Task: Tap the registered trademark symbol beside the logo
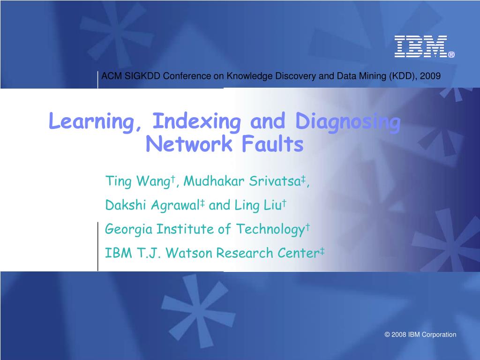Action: tap(451, 55)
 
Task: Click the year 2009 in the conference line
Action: tap(430, 76)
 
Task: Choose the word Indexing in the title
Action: tap(196, 122)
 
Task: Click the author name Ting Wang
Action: tap(138, 181)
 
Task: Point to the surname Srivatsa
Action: tap(275, 181)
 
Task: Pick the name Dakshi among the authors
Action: tap(125, 205)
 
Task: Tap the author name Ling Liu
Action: tap(258, 205)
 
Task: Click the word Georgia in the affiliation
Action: tap(128, 229)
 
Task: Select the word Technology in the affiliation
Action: tap(270, 229)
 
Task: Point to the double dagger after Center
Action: tap(322, 252)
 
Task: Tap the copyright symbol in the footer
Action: tap(387, 335)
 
